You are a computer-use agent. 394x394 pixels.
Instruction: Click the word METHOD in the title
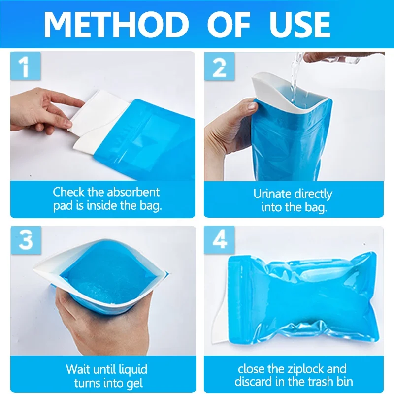116,25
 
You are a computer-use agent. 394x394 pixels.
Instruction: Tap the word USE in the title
300,25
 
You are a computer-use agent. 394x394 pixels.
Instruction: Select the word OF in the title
229,25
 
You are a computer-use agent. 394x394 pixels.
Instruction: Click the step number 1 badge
26,66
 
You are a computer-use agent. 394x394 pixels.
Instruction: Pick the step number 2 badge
219,66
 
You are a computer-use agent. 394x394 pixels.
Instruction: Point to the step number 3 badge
26,240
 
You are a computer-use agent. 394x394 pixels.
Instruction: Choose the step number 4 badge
219,240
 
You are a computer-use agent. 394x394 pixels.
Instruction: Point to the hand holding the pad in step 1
43,110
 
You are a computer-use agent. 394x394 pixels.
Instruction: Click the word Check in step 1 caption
68,192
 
